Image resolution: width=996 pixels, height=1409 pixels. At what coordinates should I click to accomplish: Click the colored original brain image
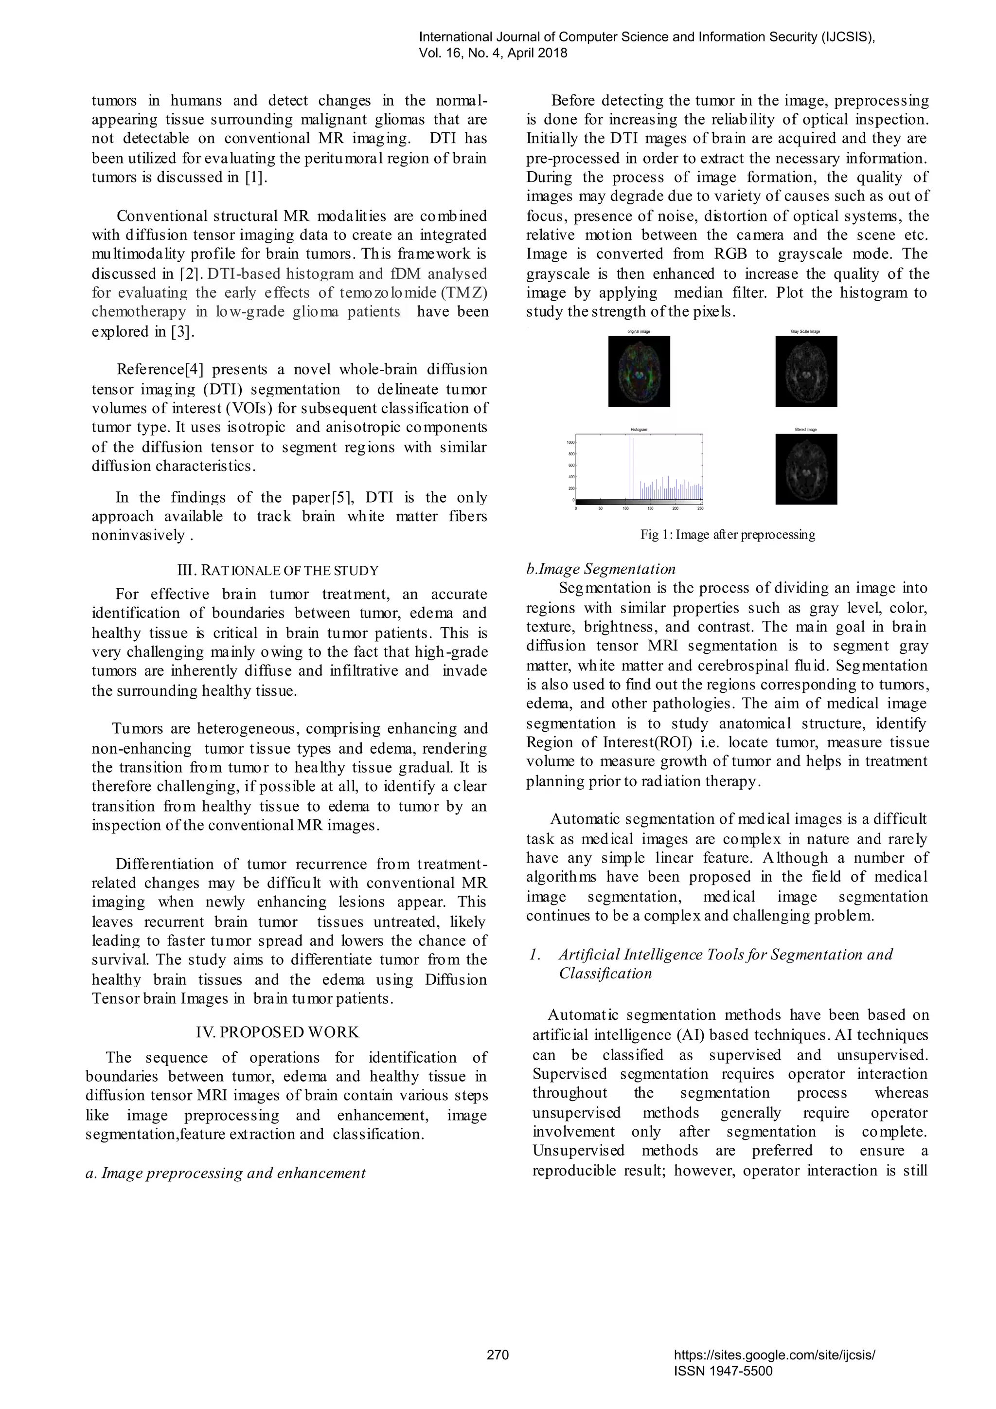click(x=639, y=371)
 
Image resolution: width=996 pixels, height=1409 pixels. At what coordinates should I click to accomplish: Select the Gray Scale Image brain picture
click(x=806, y=371)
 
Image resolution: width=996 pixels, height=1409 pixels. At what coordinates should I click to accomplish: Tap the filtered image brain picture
click(x=806, y=470)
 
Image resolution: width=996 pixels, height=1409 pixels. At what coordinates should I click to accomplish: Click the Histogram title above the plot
click(x=639, y=430)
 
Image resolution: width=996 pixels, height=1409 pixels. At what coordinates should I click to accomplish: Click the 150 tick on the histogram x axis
click(x=650, y=508)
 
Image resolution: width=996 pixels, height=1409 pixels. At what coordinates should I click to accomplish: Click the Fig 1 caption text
click(x=728, y=535)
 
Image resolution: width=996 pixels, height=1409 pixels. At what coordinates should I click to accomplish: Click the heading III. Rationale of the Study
click(x=277, y=570)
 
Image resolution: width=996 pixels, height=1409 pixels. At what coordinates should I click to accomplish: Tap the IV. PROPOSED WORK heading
click(x=277, y=1032)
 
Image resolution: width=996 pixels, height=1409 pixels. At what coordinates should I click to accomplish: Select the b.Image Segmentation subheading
click(x=601, y=569)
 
